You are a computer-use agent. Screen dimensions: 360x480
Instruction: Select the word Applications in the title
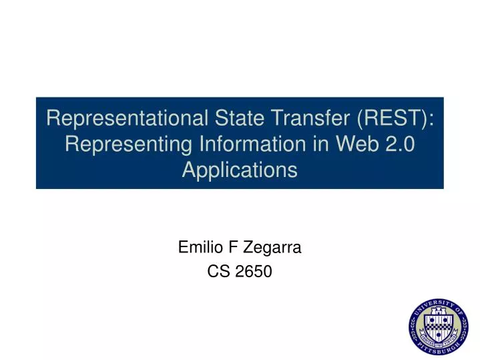tap(240, 170)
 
